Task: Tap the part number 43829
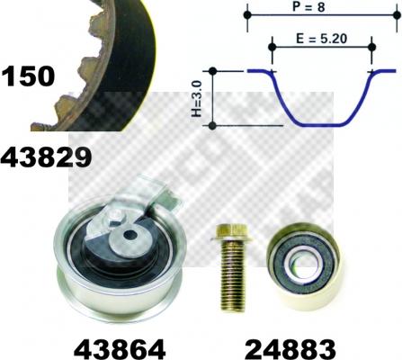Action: [x=48, y=158]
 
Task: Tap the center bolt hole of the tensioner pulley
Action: [x=130, y=236]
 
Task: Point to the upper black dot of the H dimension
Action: [x=212, y=70]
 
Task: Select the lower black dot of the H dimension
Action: [x=212, y=126]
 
